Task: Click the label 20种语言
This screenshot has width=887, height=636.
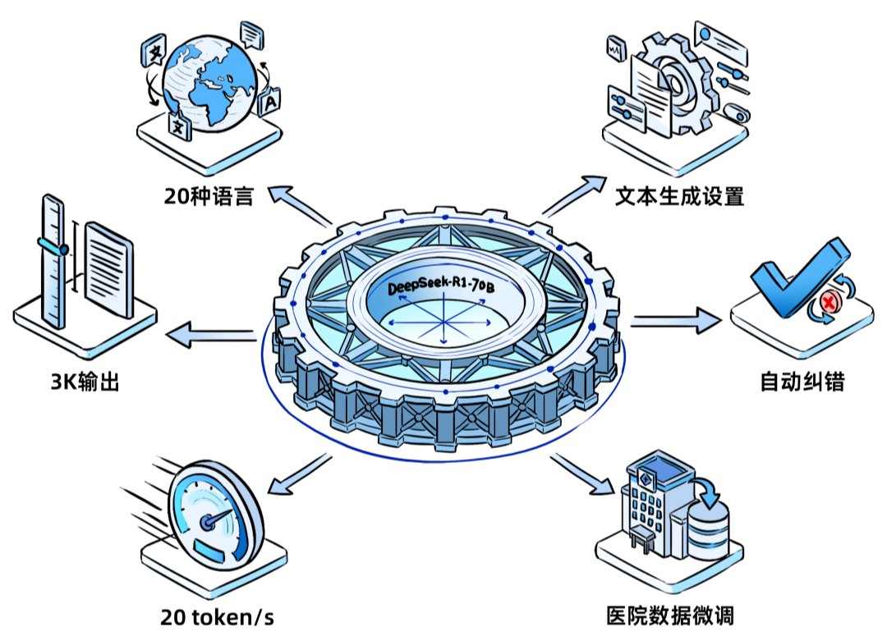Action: coord(208,196)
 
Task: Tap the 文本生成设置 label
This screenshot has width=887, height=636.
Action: coord(679,196)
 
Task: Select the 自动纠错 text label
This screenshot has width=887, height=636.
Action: coord(802,382)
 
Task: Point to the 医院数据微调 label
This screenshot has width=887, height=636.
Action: coord(670,615)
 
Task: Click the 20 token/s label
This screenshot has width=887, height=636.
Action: coord(217,617)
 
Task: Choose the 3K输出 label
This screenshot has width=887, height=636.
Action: coord(85,382)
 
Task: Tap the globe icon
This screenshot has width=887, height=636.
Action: coord(209,85)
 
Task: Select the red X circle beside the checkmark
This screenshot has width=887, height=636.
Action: coord(829,302)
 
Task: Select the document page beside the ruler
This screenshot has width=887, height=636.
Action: coord(109,269)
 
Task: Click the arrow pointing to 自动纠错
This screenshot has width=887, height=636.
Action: coord(676,321)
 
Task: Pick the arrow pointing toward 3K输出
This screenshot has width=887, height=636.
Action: coord(210,335)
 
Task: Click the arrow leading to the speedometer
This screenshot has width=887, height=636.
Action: coord(299,474)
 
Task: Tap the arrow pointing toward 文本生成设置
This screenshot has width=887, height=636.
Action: coord(574,195)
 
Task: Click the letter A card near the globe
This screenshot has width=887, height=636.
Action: coord(269,103)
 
